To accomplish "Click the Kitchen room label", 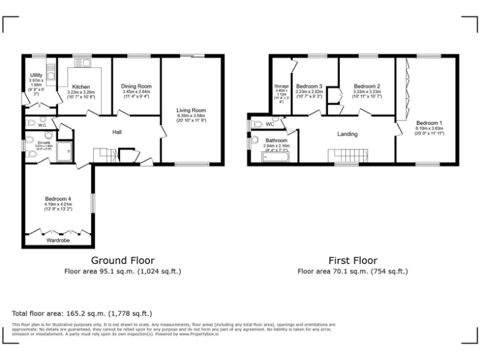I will (81, 87).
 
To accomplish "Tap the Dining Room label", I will (137, 86).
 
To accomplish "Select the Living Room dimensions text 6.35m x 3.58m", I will (191, 116).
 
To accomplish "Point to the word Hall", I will (117, 132).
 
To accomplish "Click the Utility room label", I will (36, 76).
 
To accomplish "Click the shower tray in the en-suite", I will (64, 152).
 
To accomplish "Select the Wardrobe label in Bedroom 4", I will (58, 239).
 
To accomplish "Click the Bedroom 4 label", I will (58, 199).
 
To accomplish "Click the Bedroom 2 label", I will (367, 86).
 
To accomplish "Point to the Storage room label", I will (281, 86).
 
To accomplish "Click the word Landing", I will (347, 134).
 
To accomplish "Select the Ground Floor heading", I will (123, 260).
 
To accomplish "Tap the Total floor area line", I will (82, 313).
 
